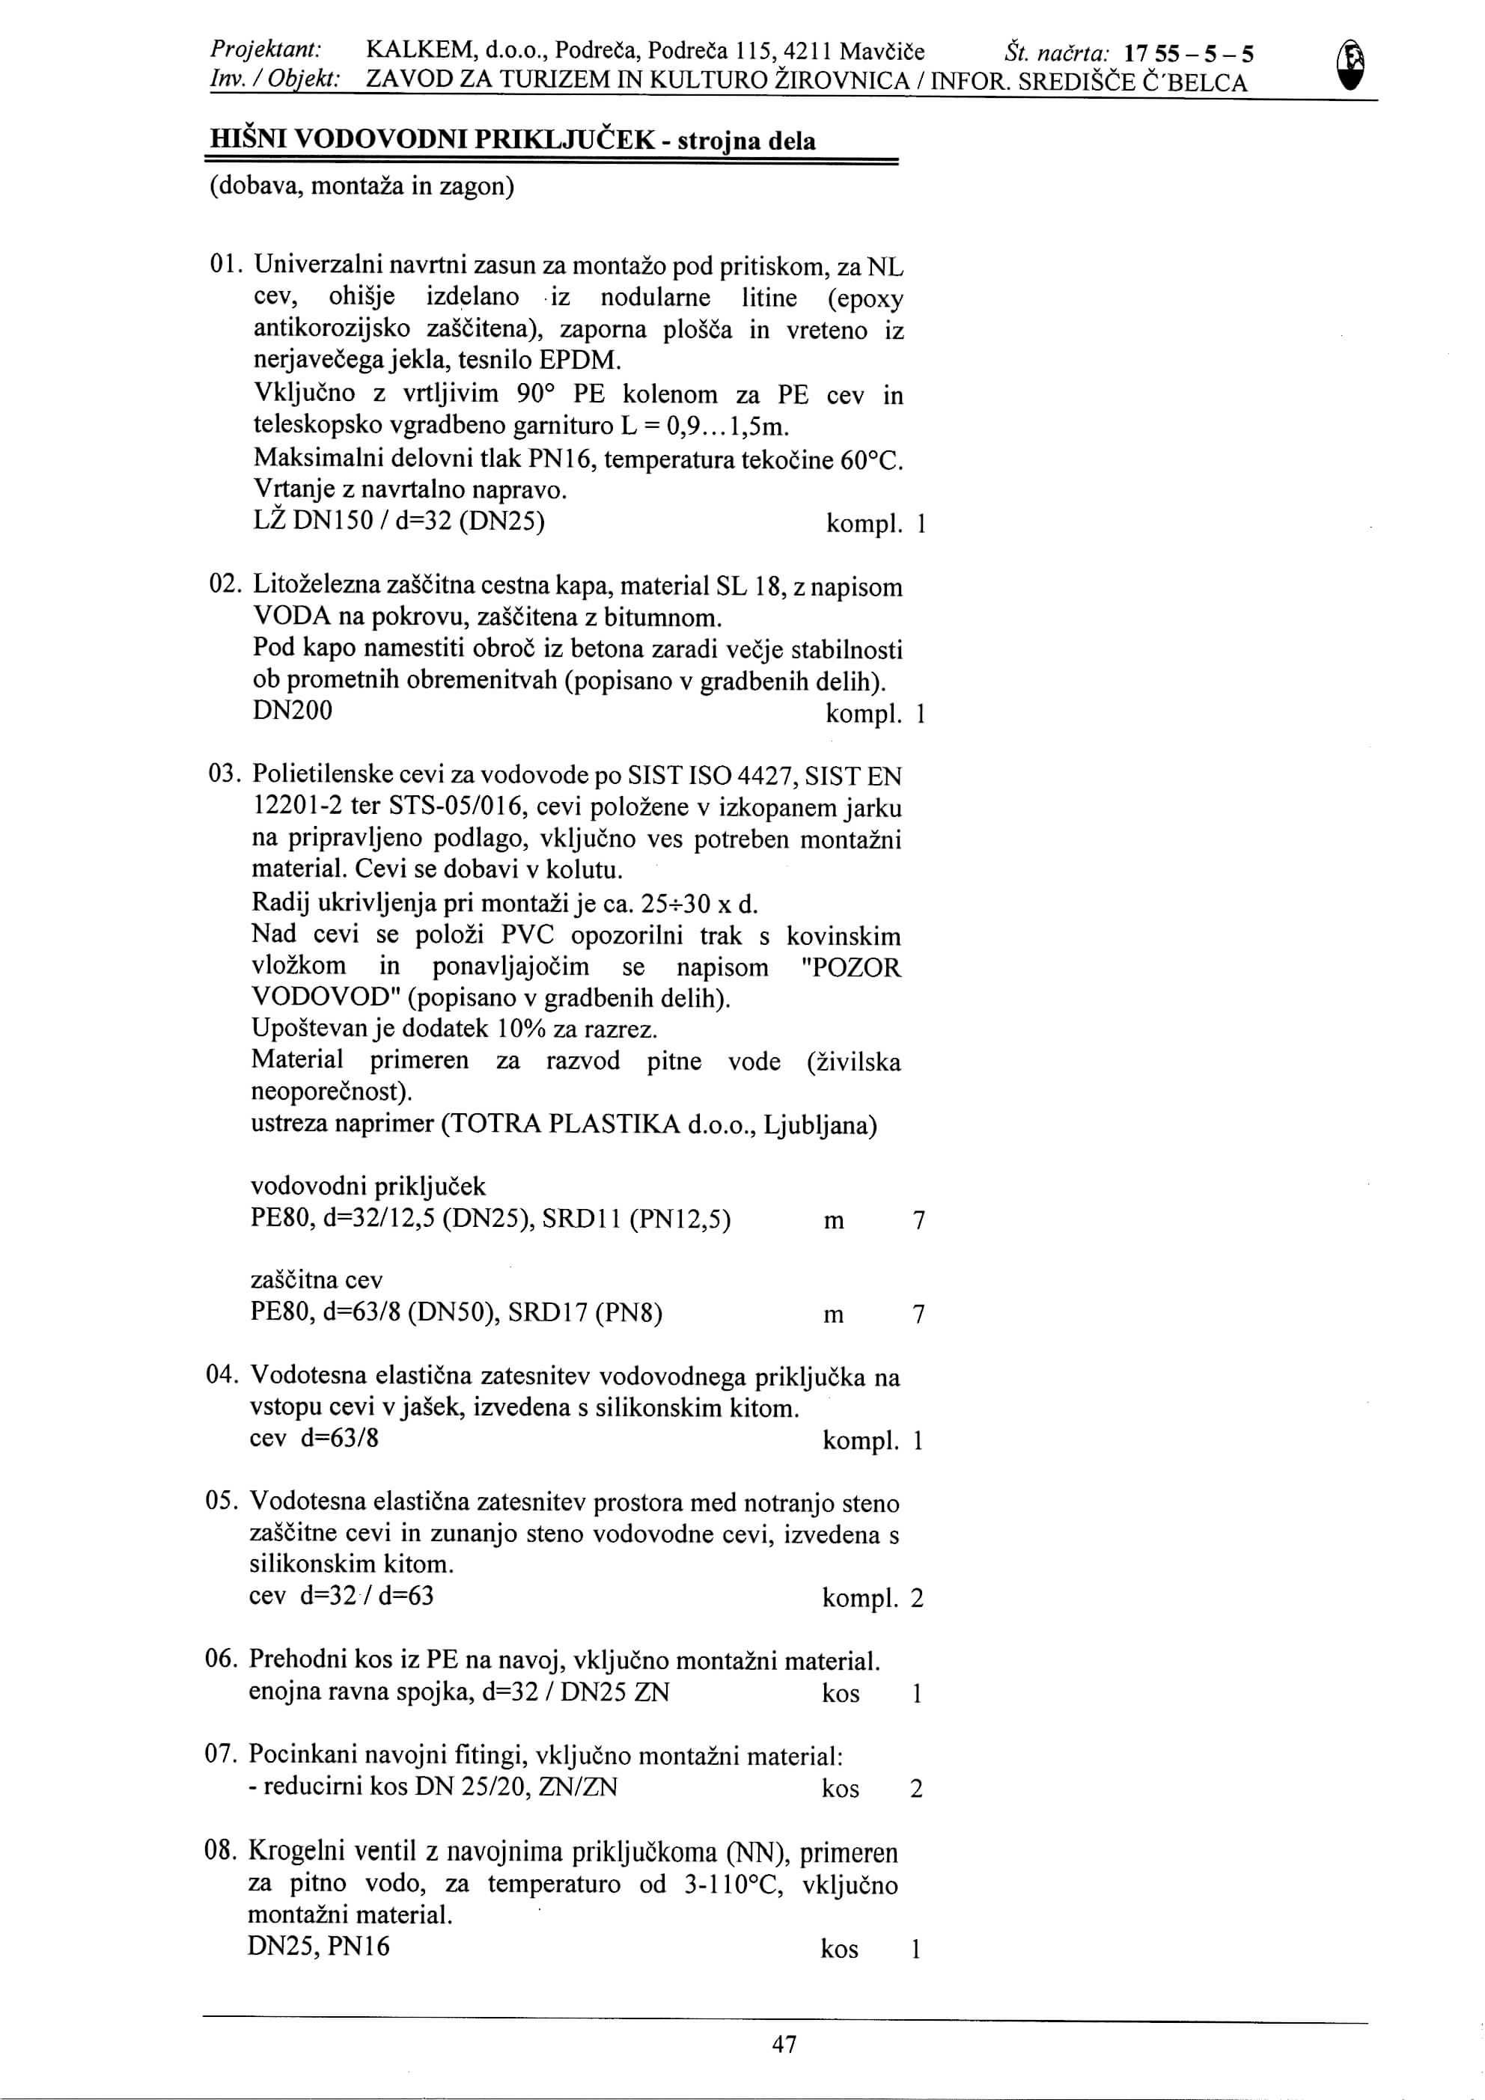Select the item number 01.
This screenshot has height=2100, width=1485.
point(224,266)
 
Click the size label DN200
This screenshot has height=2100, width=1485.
point(293,711)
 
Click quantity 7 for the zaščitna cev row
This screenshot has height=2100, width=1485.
point(918,1314)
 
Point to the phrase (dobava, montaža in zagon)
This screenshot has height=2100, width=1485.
point(362,186)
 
